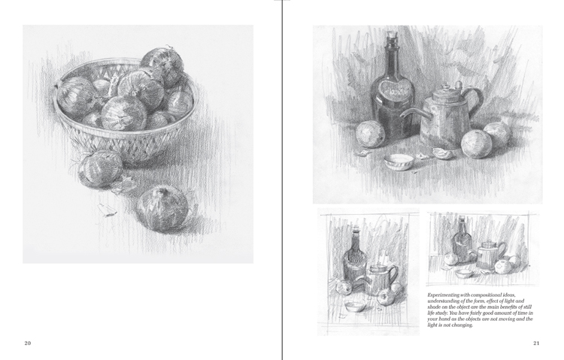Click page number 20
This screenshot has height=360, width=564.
[28, 343]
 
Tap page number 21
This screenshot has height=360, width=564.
[536, 343]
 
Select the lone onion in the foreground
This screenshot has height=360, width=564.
[163, 209]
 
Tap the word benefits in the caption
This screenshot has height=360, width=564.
[508, 307]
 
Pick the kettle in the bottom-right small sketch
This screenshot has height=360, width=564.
[490, 256]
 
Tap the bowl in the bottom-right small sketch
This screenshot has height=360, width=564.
[464, 274]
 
